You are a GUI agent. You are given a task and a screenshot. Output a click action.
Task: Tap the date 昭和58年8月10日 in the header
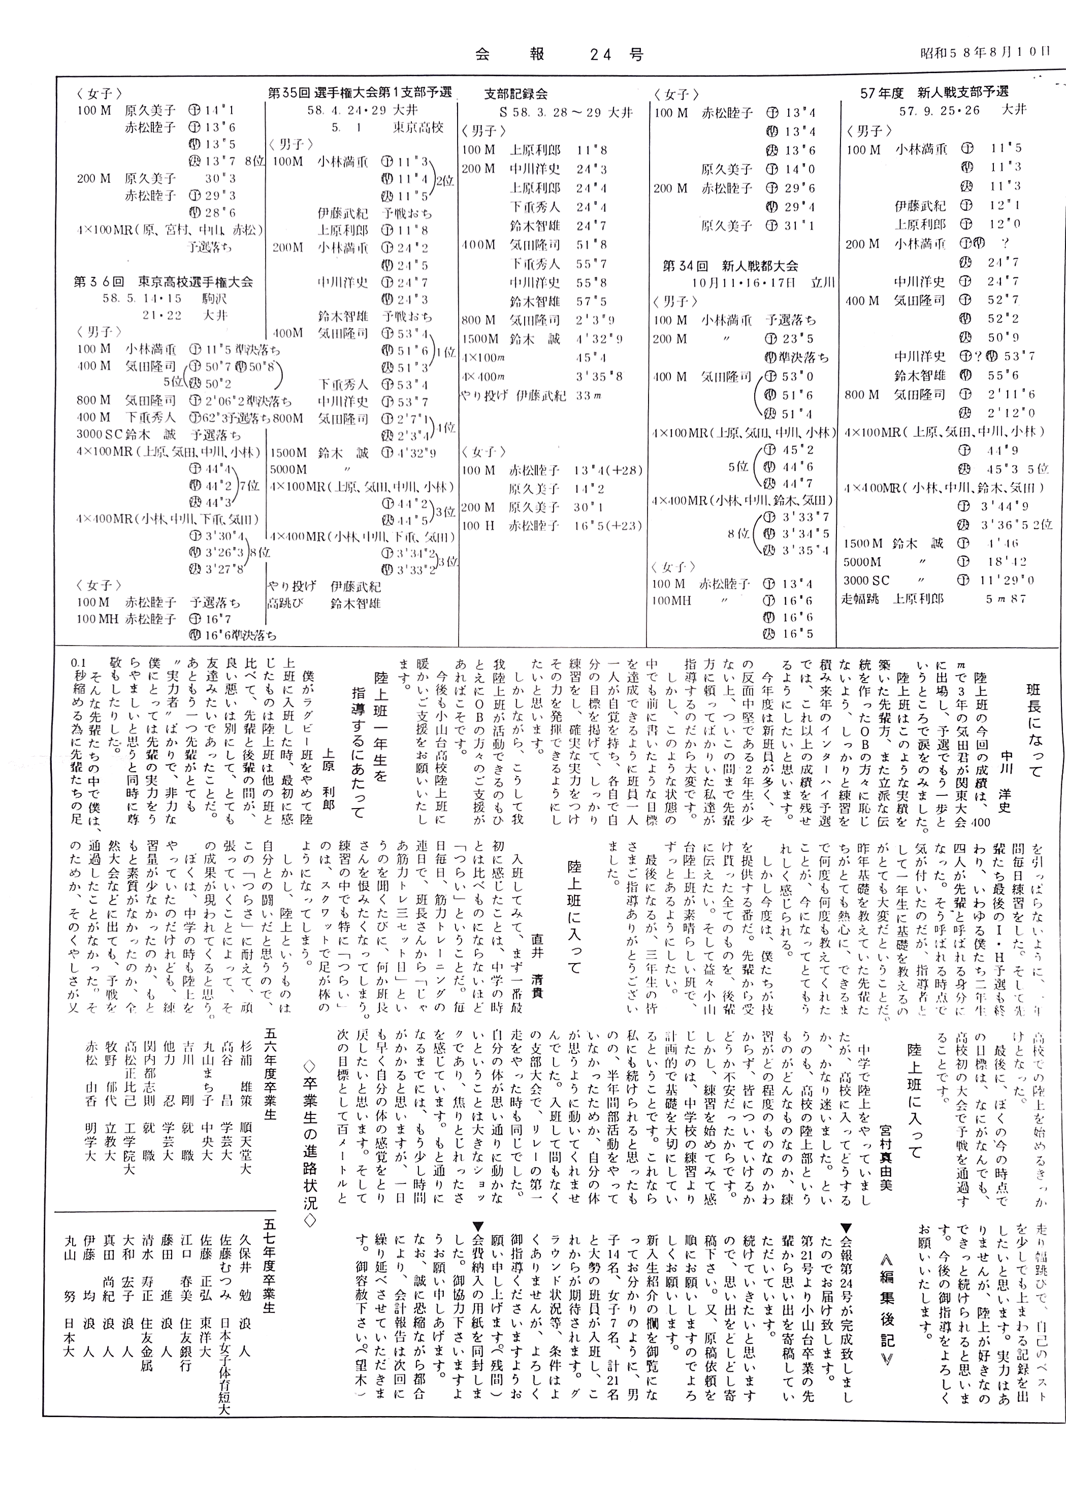click(985, 52)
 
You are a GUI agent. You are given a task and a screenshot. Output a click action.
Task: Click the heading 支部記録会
click(516, 94)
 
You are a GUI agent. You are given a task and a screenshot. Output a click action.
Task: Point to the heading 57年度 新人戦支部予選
click(934, 92)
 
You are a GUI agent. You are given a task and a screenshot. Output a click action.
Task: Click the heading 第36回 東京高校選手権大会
click(164, 282)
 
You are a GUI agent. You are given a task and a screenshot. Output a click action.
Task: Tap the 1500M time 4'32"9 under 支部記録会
click(599, 339)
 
